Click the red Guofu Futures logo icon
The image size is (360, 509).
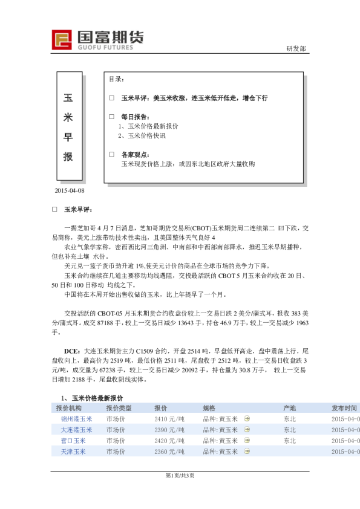(62, 41)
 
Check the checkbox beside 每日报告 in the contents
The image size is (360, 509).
(111, 116)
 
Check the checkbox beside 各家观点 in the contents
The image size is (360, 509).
(111, 154)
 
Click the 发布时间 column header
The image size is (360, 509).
(344, 408)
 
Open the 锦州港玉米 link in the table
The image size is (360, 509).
(76, 418)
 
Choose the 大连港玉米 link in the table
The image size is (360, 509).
(76, 430)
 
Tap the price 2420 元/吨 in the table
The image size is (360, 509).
(169, 441)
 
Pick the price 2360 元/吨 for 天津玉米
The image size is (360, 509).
(169, 452)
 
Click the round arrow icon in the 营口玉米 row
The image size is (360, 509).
(246, 441)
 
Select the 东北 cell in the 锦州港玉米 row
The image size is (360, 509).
(290, 418)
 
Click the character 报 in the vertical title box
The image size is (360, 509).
(68, 157)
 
